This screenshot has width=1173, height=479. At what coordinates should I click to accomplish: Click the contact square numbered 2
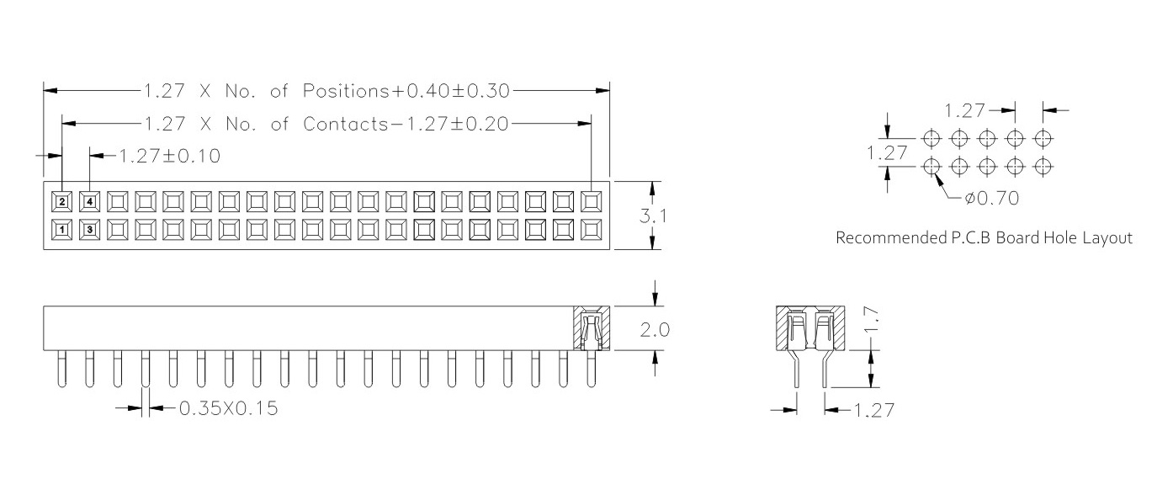click(x=62, y=201)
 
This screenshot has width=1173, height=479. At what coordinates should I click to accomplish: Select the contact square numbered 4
click(x=90, y=201)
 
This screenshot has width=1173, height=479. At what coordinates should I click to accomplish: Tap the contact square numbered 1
click(x=62, y=230)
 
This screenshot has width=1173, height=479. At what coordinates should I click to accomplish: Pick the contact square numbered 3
click(x=90, y=230)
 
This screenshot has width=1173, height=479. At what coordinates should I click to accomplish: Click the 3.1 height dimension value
click(x=653, y=216)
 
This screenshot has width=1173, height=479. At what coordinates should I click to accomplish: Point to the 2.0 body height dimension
click(x=655, y=330)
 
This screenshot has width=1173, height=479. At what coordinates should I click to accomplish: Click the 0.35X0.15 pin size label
click(x=228, y=408)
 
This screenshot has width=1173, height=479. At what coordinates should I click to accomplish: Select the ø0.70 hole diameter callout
click(x=992, y=198)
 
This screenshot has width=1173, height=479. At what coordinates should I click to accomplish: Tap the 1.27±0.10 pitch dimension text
click(x=170, y=157)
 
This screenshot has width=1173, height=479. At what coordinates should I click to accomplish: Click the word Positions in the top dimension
click(x=346, y=91)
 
